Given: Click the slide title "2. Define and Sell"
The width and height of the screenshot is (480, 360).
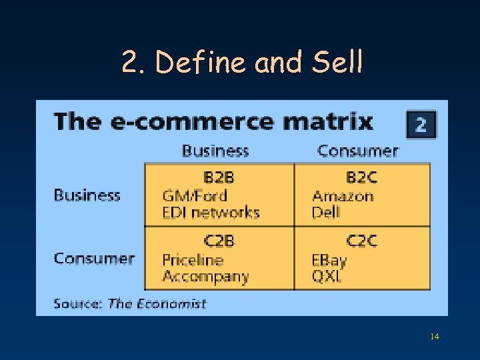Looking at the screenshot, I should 242,63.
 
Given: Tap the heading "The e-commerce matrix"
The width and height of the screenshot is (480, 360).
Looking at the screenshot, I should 213,122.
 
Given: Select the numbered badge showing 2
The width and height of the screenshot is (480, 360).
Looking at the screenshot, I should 421,125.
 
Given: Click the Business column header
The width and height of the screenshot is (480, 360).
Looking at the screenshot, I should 215,151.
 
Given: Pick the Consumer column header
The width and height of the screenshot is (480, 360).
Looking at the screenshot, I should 357,151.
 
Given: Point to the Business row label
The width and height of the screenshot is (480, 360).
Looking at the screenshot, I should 87,195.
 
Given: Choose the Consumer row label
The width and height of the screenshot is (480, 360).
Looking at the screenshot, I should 94,258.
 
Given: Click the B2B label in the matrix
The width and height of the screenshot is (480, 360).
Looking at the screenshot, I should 219,177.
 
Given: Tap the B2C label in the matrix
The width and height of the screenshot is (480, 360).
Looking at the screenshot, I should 361,177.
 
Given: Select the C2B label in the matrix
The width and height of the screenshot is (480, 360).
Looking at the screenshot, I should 219,241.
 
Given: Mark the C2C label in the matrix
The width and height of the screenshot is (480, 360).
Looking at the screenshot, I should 361,241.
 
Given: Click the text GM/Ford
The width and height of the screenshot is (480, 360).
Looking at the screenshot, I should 195,195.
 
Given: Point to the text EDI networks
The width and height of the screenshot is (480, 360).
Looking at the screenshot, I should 211,213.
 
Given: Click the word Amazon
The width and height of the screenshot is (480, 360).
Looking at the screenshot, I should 343,196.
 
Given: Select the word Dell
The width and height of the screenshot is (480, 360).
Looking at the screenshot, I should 326,213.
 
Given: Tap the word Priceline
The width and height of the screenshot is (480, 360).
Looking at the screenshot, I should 193,260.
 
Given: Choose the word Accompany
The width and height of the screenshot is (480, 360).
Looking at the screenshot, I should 205,277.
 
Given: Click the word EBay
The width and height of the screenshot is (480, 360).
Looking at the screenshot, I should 329,260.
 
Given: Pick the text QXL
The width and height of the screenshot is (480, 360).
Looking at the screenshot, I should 327,277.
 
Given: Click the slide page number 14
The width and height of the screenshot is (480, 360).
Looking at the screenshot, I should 435,337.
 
